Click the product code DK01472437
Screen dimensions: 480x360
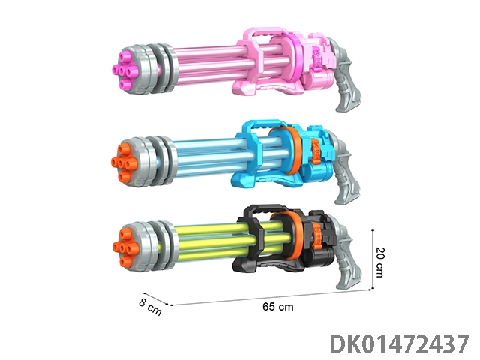coord(400,344)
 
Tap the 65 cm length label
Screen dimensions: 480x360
coord(278,307)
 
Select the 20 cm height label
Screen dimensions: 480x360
coord(379,262)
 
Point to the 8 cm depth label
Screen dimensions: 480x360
coord(150,307)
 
